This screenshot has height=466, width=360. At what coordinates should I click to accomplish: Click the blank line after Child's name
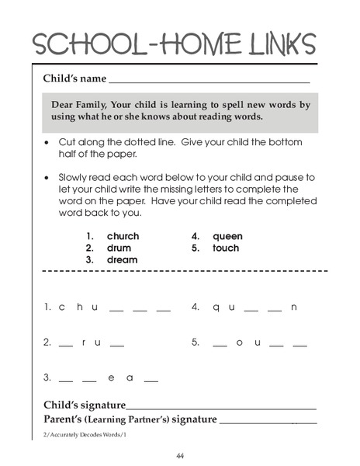coord(209,81)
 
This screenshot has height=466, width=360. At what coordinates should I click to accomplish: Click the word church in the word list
coord(123,236)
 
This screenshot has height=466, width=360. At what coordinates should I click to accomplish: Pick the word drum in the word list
coord(119,248)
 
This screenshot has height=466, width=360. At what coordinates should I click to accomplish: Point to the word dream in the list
coord(122,259)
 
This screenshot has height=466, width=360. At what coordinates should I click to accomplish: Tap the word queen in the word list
coord(227,236)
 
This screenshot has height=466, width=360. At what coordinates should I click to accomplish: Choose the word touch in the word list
coord(226,248)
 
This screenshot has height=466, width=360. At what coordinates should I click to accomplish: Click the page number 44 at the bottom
coord(180,455)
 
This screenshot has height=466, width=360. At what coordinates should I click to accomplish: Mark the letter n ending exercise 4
coord(294,307)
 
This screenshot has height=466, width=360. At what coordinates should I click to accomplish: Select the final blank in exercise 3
coord(151,380)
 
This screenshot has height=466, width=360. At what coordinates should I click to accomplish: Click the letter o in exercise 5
coord(240,342)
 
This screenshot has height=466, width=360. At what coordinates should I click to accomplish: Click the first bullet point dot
coord(48,144)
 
